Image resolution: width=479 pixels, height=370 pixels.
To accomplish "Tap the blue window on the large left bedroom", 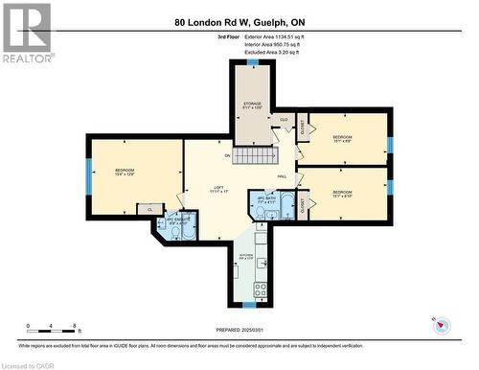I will tap(89, 176).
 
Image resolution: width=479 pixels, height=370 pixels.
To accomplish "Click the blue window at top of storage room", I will tap(251, 62).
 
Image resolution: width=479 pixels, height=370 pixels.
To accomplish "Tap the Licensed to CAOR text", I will tap(30, 364).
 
